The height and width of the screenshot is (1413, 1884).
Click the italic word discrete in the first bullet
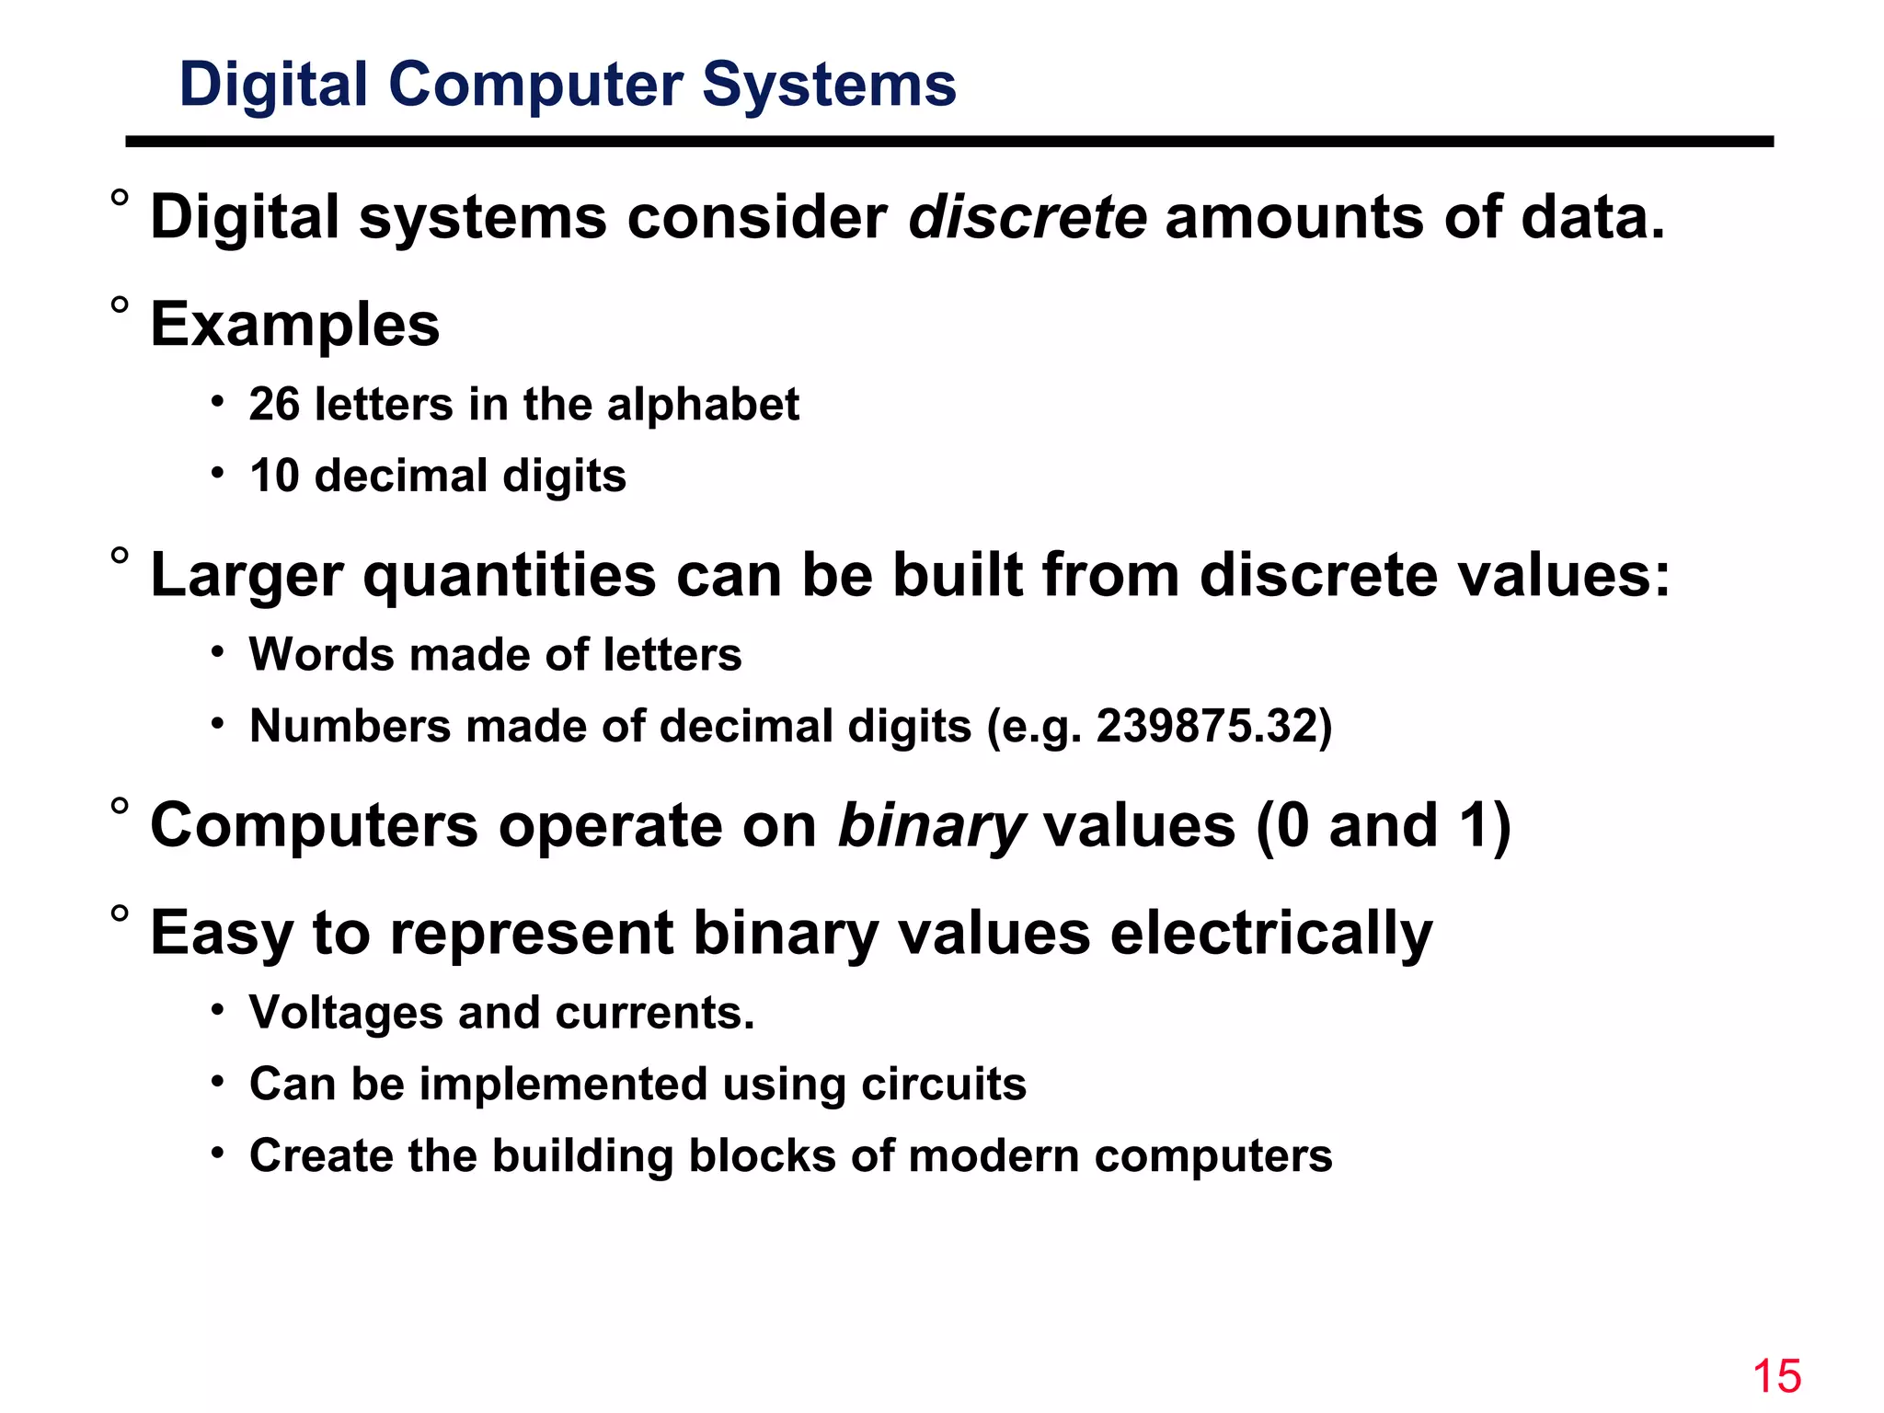1028,218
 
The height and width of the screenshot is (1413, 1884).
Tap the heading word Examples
295,326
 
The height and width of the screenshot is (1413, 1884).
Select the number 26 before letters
274,405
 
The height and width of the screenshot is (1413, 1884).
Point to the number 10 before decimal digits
274,477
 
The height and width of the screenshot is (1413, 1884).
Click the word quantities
510,576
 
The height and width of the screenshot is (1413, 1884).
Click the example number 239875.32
1206,727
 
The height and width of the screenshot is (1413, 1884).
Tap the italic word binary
931,826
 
